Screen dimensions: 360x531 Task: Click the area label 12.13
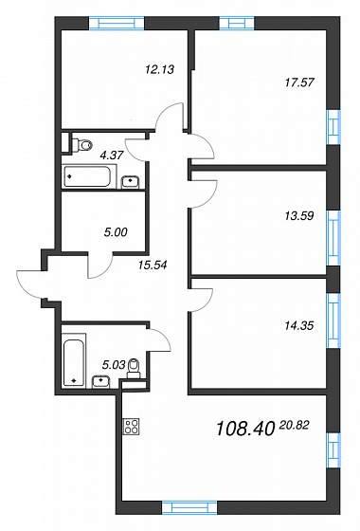pos(159,69)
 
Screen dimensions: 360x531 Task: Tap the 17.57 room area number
pos(299,82)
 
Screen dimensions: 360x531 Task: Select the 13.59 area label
pos(299,215)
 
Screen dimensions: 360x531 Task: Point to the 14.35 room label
pos(299,326)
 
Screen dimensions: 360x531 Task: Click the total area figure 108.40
pos(244,429)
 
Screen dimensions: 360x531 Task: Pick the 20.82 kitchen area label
pos(294,425)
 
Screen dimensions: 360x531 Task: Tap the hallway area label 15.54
pos(153,265)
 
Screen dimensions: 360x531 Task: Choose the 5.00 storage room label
pos(116,232)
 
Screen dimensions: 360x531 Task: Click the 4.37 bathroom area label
pos(112,156)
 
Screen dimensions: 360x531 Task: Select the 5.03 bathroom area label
pos(114,364)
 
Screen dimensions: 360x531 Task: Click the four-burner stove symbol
pos(132,427)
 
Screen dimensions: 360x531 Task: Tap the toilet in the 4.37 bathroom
pos(81,145)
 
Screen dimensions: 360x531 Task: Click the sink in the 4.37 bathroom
pos(131,181)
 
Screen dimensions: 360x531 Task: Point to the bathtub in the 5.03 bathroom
pos(75,360)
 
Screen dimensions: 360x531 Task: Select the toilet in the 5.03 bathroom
pos(134,369)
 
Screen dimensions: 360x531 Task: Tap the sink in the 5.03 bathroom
pos(100,381)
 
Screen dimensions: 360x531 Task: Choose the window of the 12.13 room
pos(117,23)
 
